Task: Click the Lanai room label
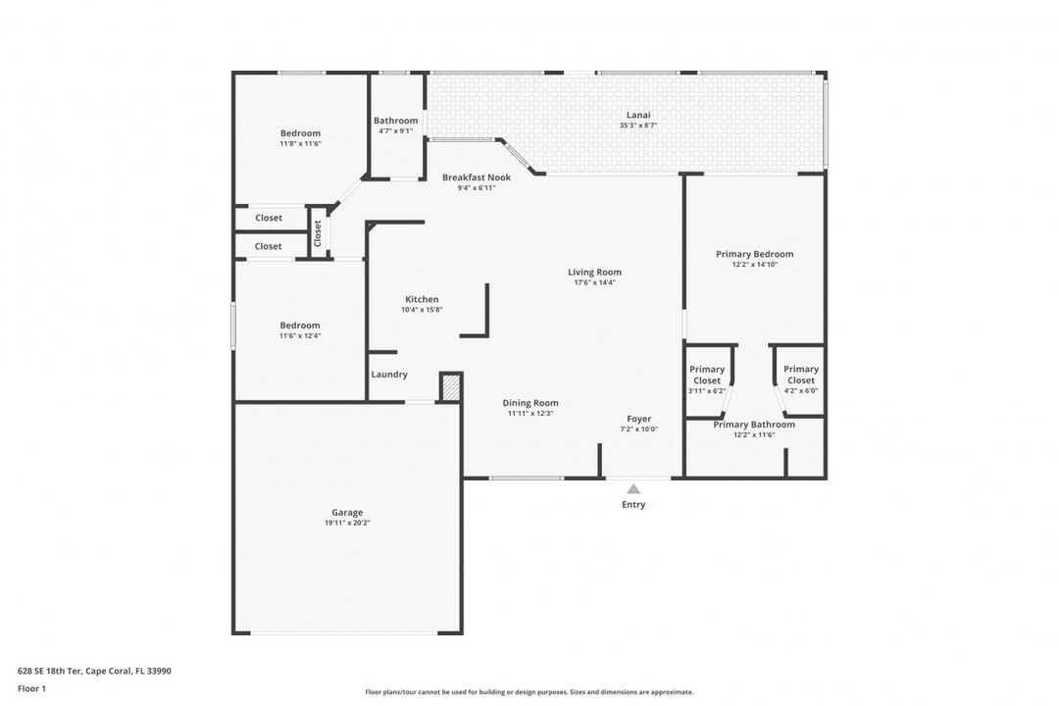638,115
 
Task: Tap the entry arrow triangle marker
632,489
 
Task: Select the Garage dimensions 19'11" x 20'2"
347,523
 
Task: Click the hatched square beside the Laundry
450,387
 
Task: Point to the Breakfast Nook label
477,177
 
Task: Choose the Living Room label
594,273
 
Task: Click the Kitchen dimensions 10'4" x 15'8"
422,310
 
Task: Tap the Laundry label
389,375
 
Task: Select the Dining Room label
530,403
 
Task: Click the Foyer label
639,419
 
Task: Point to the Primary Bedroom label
754,254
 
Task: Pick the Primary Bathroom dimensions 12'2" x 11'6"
754,435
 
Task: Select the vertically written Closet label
318,233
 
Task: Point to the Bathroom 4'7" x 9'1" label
396,125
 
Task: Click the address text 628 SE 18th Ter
49,671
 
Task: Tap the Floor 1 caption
31,688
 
